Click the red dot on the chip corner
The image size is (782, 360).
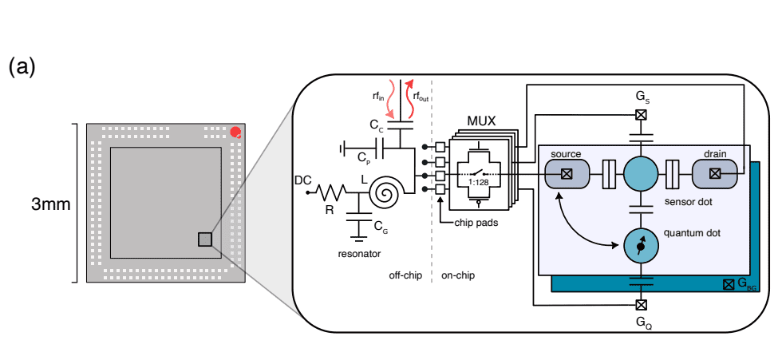(235, 132)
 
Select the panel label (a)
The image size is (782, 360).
(22, 67)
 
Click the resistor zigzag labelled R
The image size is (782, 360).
(330, 192)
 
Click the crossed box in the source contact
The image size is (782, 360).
(566, 172)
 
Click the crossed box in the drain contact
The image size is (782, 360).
(715, 172)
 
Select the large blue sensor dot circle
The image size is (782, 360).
(641, 172)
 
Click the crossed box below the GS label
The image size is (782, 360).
(641, 114)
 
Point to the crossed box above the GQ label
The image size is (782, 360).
(641, 304)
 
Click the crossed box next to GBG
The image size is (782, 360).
(728, 284)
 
